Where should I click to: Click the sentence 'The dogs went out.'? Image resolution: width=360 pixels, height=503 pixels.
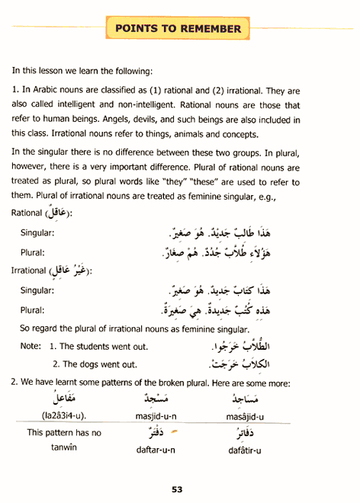click(x=104, y=364)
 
